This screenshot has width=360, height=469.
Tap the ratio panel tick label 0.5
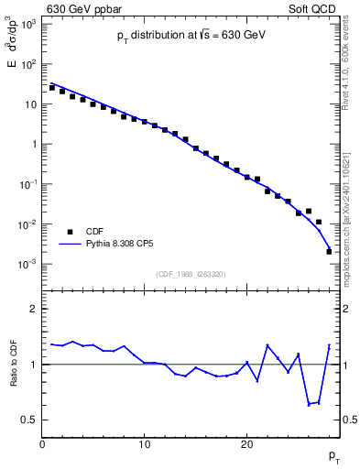pyautogui.click(x=30, y=420)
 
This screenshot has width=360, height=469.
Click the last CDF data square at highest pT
pyautogui.click(x=329, y=251)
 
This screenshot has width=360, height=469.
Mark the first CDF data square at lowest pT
pyautogui.click(x=52, y=88)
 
